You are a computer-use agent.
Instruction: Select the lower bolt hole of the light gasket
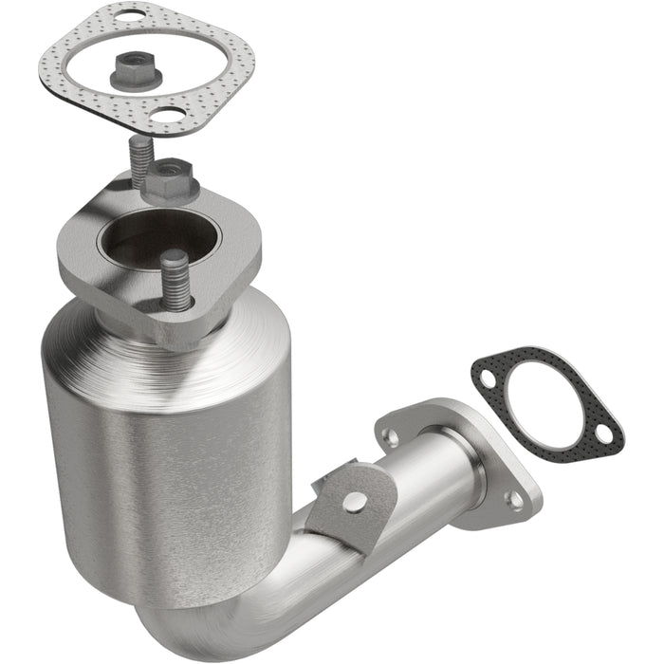point(171,119)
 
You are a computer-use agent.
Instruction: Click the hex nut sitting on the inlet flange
point(170,178)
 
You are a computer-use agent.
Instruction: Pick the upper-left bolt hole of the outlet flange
point(389,437)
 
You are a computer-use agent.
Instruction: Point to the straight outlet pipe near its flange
point(436,484)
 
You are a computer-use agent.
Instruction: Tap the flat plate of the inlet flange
point(104,266)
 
